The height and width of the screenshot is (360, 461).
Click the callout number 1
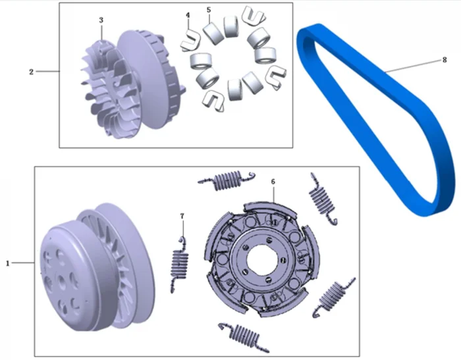8,263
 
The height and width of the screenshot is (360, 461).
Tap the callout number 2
31,72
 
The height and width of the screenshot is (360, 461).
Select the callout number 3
101,20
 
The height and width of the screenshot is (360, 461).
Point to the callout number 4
188,14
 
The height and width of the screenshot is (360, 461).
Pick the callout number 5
209,10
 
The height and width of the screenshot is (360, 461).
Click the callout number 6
273,182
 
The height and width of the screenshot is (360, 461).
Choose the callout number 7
182,216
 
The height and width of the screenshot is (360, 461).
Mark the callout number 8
445,60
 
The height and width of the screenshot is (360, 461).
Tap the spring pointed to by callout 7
179,265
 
